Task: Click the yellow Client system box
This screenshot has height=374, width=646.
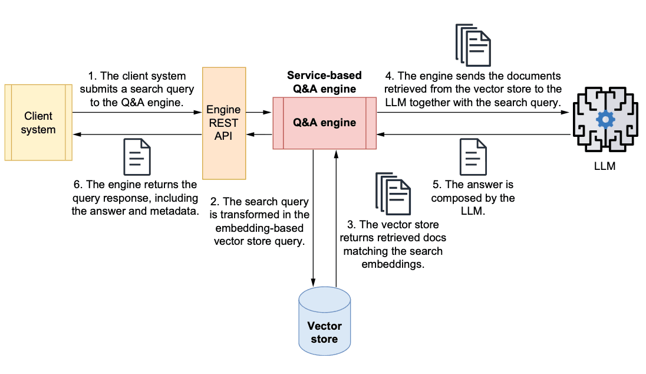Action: pos(38,123)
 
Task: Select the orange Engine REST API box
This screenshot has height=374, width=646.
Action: pos(224,123)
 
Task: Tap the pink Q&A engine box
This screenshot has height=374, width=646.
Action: pos(324,123)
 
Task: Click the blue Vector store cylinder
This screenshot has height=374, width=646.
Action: pos(324,321)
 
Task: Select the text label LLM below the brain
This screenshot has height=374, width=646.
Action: pos(605,166)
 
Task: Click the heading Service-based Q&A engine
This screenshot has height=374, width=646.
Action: pos(324,83)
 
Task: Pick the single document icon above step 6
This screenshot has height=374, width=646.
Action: pos(137,157)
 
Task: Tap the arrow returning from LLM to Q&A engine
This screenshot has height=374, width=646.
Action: pos(472,134)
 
